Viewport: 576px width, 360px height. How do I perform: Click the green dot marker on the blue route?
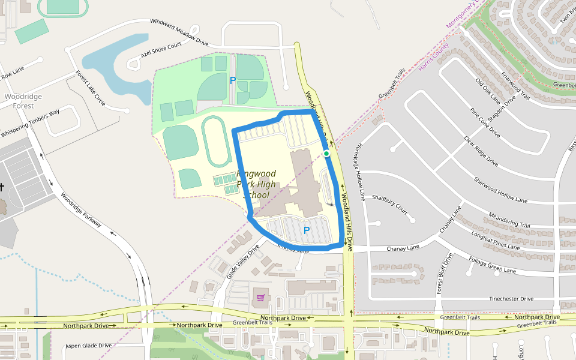pos(326,154)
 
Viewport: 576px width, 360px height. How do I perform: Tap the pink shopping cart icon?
pos(260,297)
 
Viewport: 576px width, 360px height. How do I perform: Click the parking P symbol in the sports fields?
pos(233,80)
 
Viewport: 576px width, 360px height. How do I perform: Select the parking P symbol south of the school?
pos(307,230)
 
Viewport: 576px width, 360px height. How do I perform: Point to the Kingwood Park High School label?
pos(256,184)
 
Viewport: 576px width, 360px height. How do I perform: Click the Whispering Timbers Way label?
pos(30,123)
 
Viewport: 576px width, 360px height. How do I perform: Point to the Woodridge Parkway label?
pos(82,209)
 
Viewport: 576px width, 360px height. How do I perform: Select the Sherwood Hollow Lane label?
pos(500,190)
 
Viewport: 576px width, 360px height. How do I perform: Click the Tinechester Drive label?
pos(511,299)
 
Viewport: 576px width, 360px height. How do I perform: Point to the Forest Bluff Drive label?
pos(443,273)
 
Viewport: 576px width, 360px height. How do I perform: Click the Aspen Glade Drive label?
pos(89,346)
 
